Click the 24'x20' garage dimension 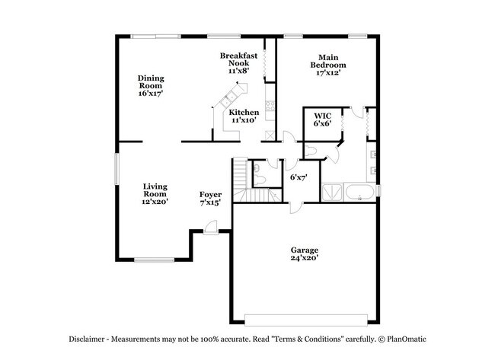point(304,258)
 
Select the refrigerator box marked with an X point(269,135)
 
